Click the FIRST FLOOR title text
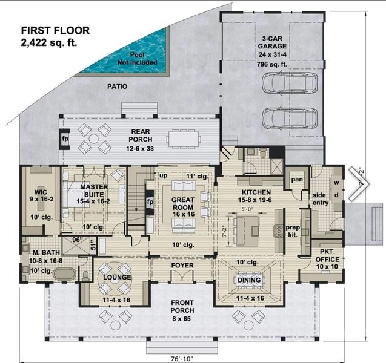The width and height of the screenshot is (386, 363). [55, 30]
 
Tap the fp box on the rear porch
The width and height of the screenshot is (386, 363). [65, 138]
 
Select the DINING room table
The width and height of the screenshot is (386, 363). [248, 280]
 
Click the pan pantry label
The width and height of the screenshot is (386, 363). [297, 180]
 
